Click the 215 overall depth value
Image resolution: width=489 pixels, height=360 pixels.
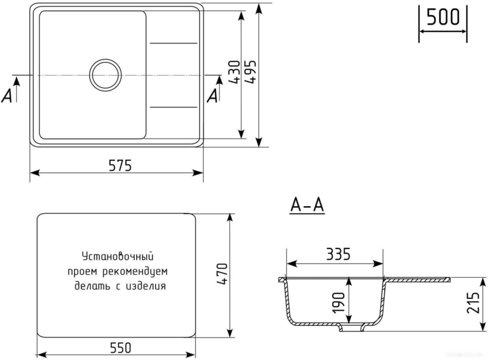click(x=473, y=303)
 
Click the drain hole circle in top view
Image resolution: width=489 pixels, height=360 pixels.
click(x=106, y=75)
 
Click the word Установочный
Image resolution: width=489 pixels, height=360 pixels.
click(x=117, y=257)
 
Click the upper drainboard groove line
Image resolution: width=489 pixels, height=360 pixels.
click(x=174, y=43)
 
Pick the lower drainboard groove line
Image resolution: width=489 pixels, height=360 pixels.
click(x=174, y=107)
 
